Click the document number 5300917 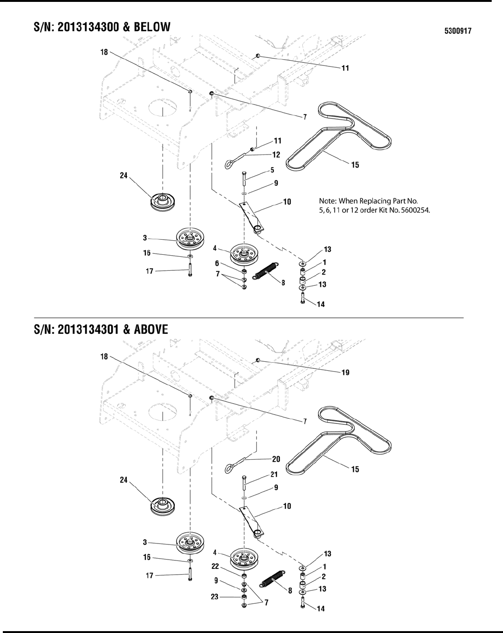[458, 32]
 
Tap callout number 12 [276, 154]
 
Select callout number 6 [217, 264]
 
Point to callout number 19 [345, 373]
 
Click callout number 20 [276, 458]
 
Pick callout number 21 [274, 475]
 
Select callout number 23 [215, 597]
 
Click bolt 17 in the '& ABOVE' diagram [190, 575]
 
